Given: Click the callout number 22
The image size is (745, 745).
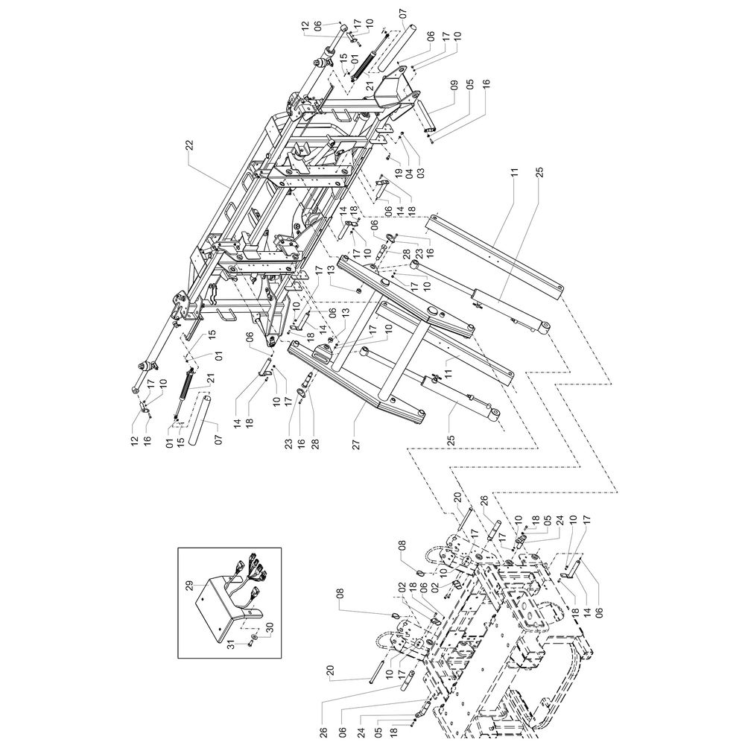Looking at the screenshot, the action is (189, 146).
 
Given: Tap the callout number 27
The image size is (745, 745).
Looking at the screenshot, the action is (357, 444).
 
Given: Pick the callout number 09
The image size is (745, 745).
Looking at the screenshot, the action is (454, 86).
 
